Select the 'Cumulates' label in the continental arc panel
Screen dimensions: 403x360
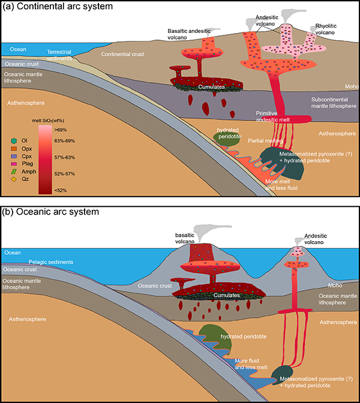pyautogui.click(x=213, y=87)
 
